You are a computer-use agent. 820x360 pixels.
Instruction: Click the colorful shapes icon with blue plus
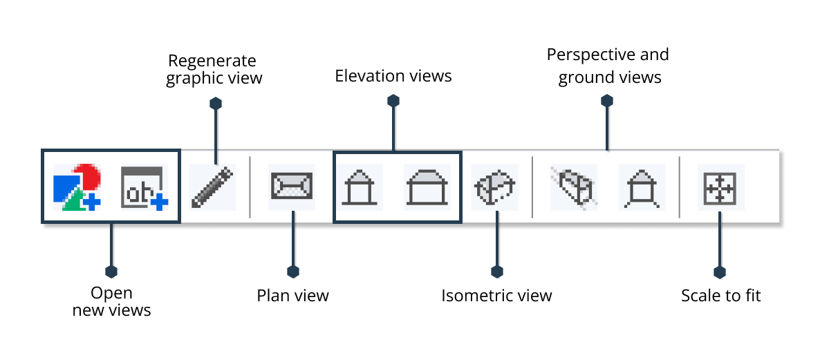(77, 187)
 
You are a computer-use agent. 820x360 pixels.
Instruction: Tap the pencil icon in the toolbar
(212, 187)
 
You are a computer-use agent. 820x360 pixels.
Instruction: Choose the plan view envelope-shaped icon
(292, 187)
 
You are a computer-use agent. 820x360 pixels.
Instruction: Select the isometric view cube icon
(495, 187)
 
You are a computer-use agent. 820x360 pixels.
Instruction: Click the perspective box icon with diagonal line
(573, 187)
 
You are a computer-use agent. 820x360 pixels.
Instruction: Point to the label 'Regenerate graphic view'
(214, 69)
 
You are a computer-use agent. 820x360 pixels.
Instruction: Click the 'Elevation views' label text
(393, 76)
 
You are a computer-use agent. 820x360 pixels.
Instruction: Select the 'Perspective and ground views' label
(608, 66)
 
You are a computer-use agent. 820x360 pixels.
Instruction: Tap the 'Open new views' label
(111, 301)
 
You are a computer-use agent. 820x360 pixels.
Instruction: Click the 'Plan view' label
(292, 296)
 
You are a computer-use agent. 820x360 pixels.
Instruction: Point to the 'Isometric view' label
(496, 296)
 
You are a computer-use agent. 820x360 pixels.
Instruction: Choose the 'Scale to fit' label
(720, 296)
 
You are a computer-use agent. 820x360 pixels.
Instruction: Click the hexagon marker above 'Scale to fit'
(720, 272)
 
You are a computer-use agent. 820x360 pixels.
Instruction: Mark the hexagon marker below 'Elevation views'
(393, 101)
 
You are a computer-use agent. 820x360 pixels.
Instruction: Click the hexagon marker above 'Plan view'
(292, 272)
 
